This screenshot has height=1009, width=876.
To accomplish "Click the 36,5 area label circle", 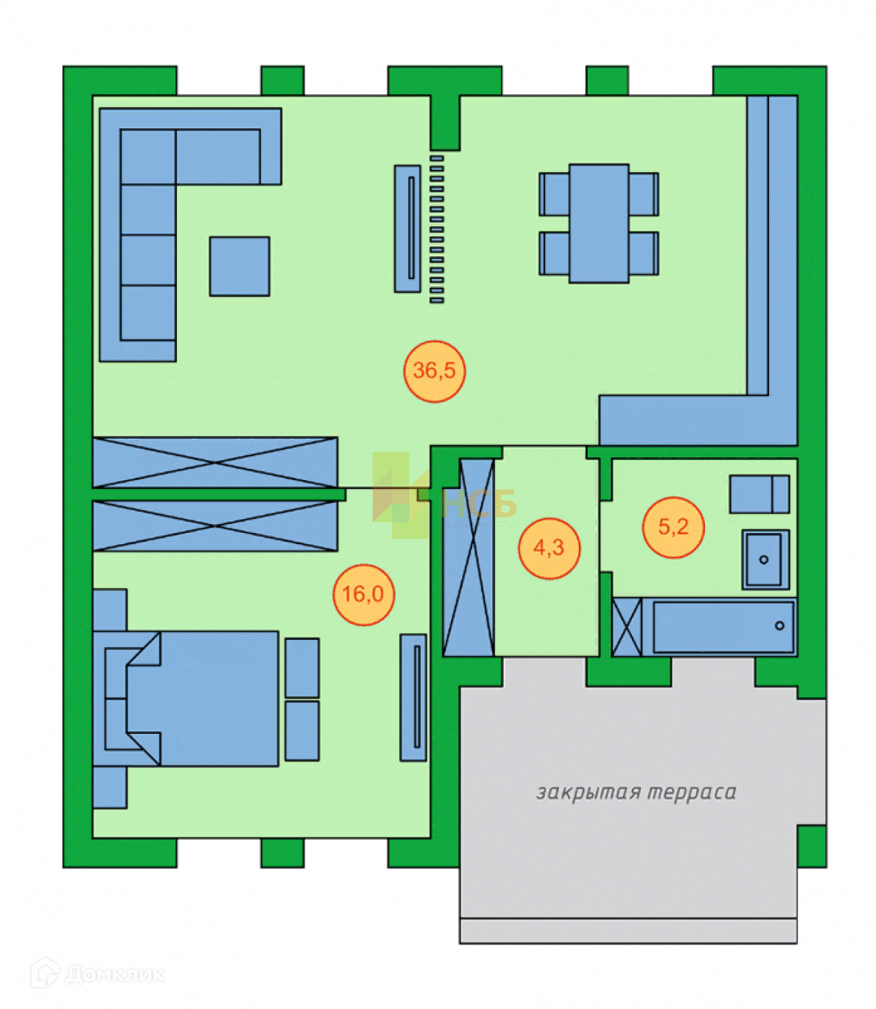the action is pyautogui.click(x=434, y=371).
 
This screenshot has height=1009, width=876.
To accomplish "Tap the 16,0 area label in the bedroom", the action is pyautogui.click(x=363, y=595).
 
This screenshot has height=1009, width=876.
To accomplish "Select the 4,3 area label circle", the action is pyautogui.click(x=549, y=548).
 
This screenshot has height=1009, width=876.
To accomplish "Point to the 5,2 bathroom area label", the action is pyautogui.click(x=672, y=527).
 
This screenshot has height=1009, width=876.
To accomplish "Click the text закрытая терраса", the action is pyautogui.click(x=636, y=792).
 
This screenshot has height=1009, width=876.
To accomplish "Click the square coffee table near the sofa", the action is pyautogui.click(x=239, y=266).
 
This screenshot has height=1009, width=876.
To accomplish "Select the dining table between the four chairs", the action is pyautogui.click(x=599, y=223).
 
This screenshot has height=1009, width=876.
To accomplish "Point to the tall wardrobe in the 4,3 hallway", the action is pyautogui.click(x=469, y=558).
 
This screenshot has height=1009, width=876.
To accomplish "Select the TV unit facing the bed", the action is pyautogui.click(x=414, y=697).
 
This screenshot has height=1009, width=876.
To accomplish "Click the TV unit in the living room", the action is pyautogui.click(x=408, y=228).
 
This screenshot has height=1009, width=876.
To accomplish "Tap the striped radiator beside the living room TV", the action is pyautogui.click(x=437, y=228).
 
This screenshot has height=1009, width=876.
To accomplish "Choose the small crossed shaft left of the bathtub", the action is pyautogui.click(x=626, y=627).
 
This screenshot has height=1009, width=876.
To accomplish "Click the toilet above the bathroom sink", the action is pyautogui.click(x=759, y=494).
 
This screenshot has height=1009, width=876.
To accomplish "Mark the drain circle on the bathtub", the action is pyautogui.click(x=779, y=625).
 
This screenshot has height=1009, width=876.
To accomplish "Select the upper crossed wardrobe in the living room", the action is pyautogui.click(x=215, y=462).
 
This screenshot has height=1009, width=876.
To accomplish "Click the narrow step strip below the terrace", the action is pyautogui.click(x=628, y=931).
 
